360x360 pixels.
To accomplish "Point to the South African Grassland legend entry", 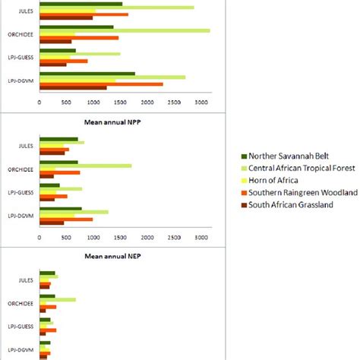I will click(x=292, y=204).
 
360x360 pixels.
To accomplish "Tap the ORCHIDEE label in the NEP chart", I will click(x=21, y=303).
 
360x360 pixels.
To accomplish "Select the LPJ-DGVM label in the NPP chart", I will click(x=21, y=216).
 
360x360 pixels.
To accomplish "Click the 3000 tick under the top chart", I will click(x=200, y=101).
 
